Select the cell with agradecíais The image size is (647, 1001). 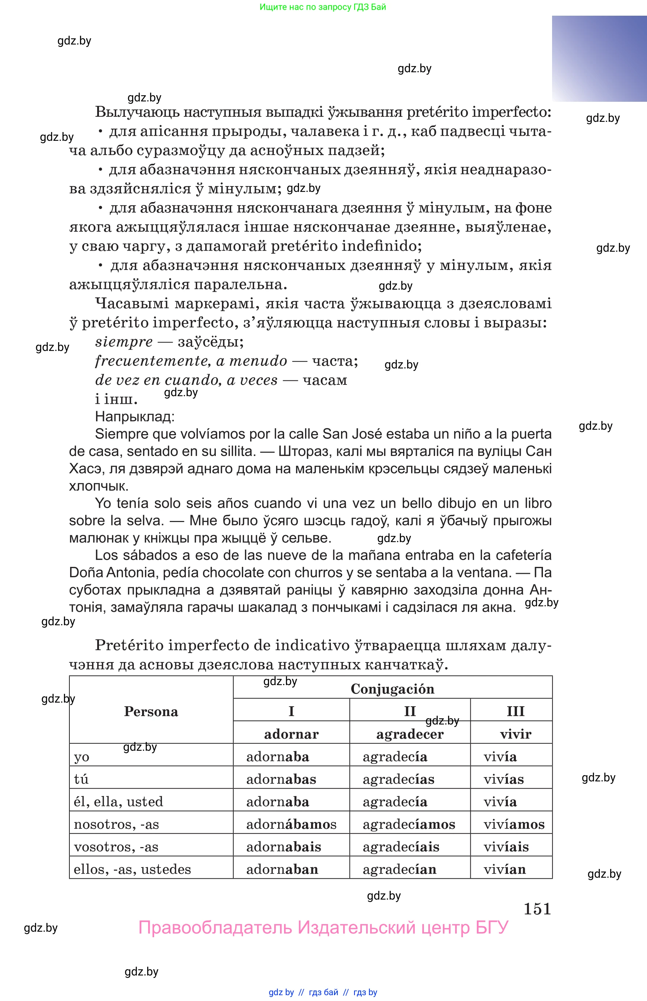pyautogui.click(x=401, y=847)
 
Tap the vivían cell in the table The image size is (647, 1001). pyautogui.click(x=505, y=869)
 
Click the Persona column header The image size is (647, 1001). pyautogui.click(x=151, y=711)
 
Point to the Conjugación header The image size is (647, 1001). pyautogui.click(x=393, y=689)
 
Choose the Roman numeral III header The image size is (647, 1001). pyautogui.click(x=516, y=711)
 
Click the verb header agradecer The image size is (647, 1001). pyautogui.click(x=410, y=734)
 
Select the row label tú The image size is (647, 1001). pyautogui.click(x=81, y=779)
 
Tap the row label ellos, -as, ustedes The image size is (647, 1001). pyautogui.click(x=132, y=869)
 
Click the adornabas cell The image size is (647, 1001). pyautogui.click(x=281, y=779)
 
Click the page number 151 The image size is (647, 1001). pyautogui.click(x=537, y=909)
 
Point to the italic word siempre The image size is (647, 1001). pyautogui.click(x=124, y=342)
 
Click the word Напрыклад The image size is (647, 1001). pyautogui.click(x=134, y=416)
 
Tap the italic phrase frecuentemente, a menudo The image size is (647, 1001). pyautogui.click(x=191, y=361)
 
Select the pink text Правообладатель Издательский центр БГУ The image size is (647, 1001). pyautogui.click(x=323, y=928)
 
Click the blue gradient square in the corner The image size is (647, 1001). pyautogui.click(x=599, y=59)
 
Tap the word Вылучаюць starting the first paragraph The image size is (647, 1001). pyautogui.click(x=137, y=112)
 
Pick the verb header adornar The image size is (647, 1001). pyautogui.click(x=291, y=734)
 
